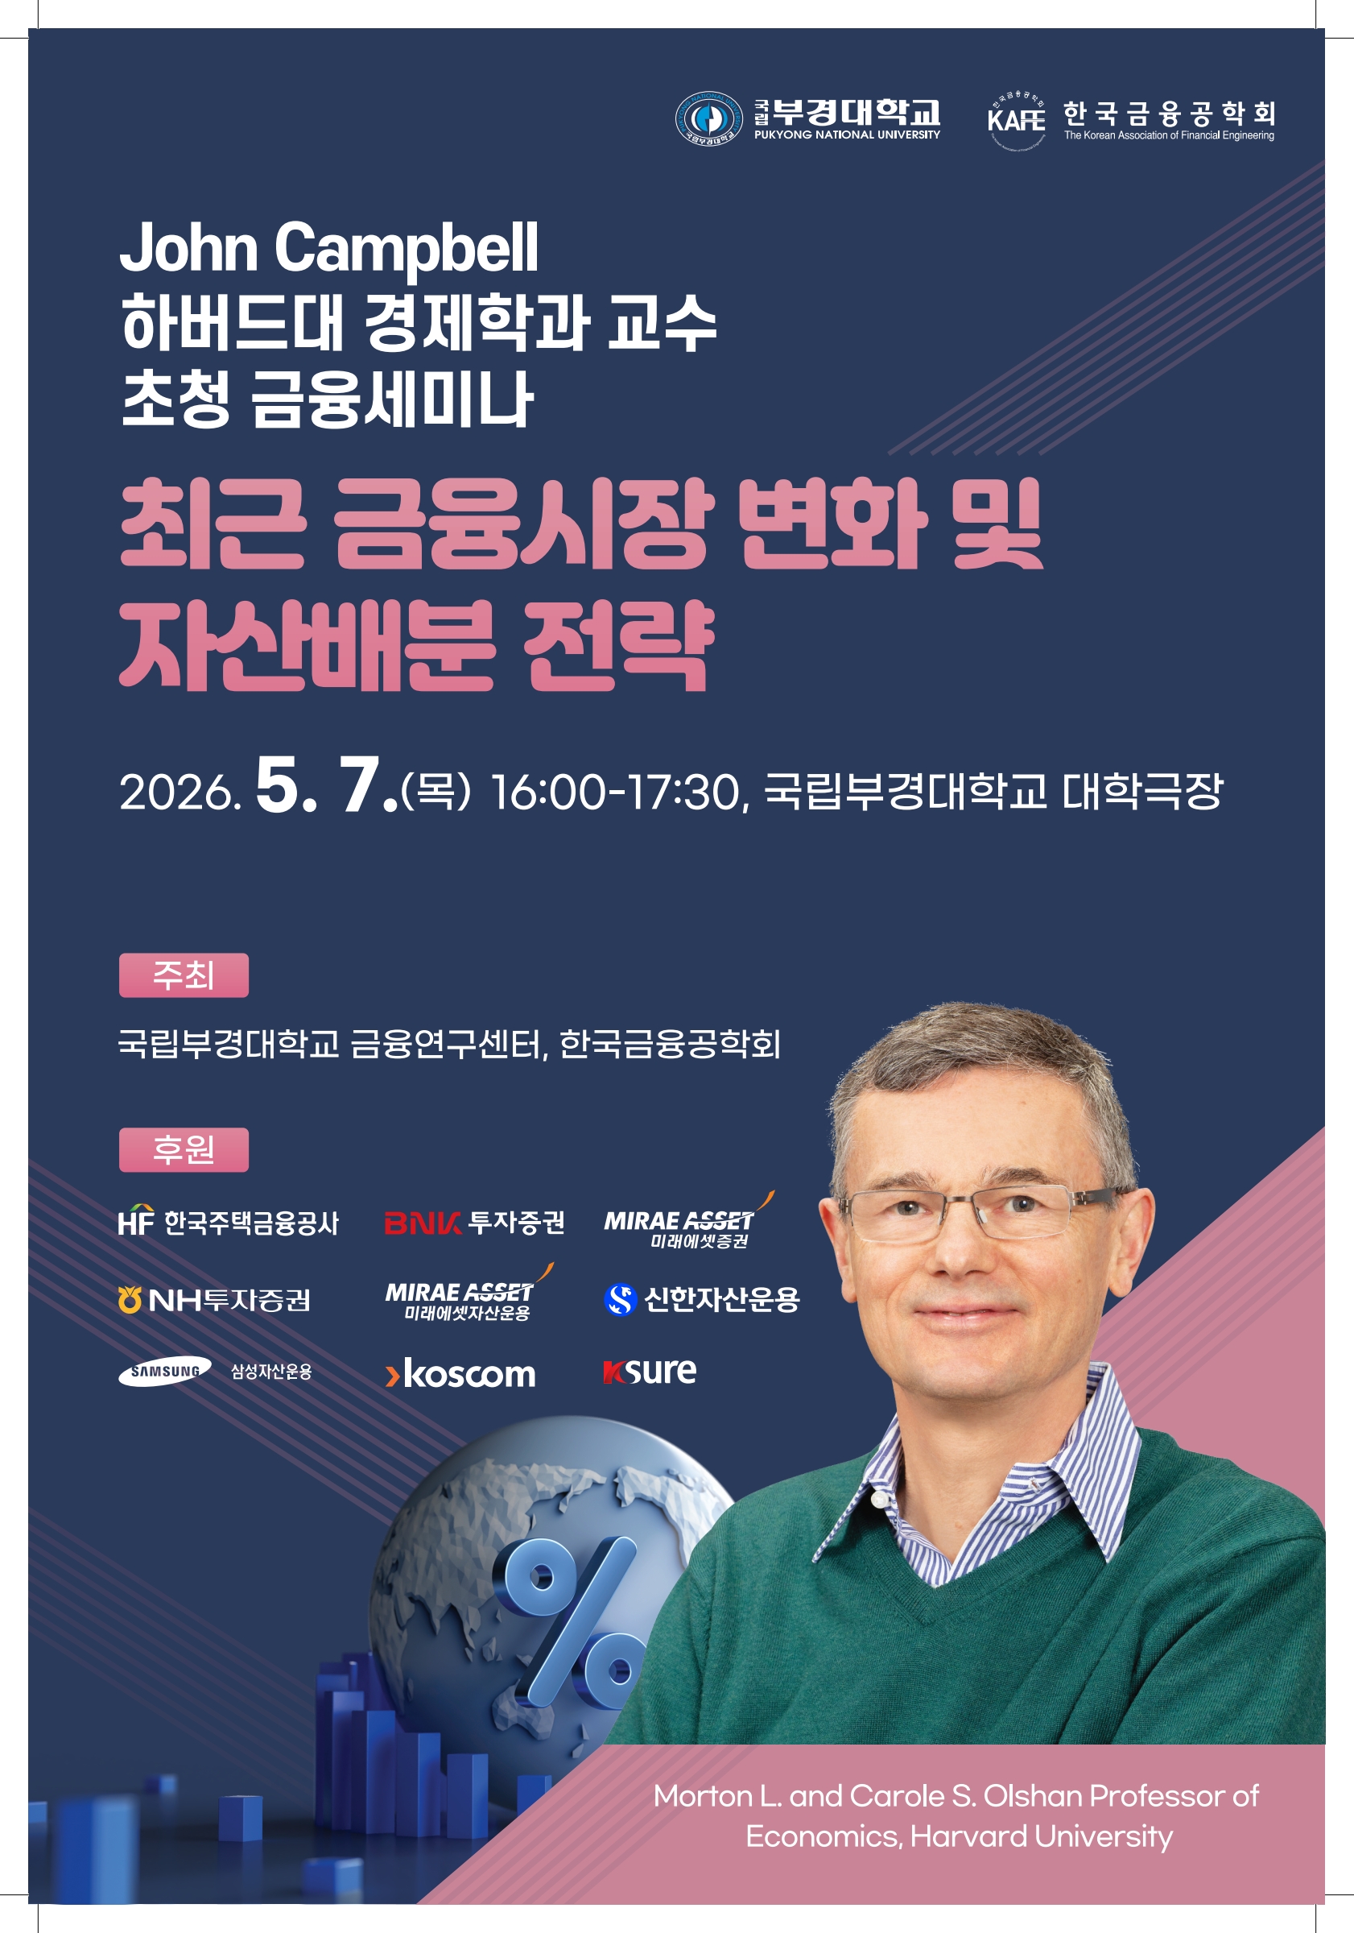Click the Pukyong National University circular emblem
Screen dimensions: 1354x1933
click(x=708, y=118)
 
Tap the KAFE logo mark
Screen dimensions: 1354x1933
click(x=1017, y=119)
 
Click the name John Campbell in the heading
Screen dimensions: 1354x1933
click(x=329, y=248)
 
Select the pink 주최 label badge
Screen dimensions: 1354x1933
click(x=184, y=975)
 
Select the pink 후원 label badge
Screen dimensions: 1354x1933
click(x=184, y=1149)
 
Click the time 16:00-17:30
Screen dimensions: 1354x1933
click(x=614, y=793)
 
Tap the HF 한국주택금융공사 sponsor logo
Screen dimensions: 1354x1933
click(x=228, y=1222)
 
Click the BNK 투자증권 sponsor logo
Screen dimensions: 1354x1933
click(x=475, y=1222)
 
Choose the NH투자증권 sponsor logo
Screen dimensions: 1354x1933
click(x=215, y=1300)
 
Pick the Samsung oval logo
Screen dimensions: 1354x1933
click(x=165, y=1372)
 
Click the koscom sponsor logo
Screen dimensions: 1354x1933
click(x=460, y=1373)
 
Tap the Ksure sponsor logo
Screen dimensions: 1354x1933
click(x=650, y=1372)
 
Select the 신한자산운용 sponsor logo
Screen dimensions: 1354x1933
click(x=702, y=1299)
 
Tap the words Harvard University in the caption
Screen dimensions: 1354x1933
click(x=1041, y=1836)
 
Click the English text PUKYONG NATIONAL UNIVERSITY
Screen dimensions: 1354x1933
click(x=847, y=135)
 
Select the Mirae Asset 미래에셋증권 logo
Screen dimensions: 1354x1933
click(x=689, y=1221)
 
